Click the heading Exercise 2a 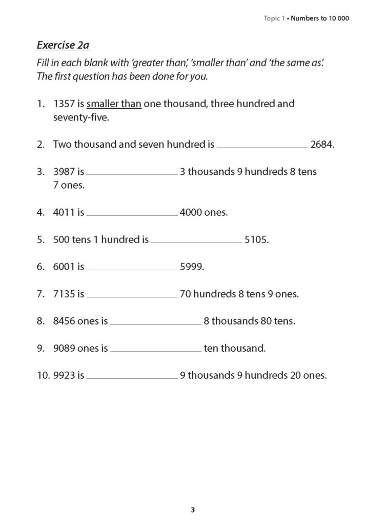pyautogui.click(x=63, y=45)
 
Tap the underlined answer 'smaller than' pyautogui.click(x=114, y=104)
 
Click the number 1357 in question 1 pyautogui.click(x=64, y=104)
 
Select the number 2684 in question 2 pyautogui.click(x=322, y=145)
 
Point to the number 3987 pyautogui.click(x=64, y=172)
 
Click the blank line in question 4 pyautogui.click(x=132, y=214)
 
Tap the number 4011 pyautogui.click(x=64, y=212)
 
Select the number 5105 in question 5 pyautogui.click(x=256, y=239)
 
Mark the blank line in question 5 pyautogui.click(x=196, y=241)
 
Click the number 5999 pyautogui.click(x=191, y=267)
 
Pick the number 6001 pyautogui.click(x=64, y=267)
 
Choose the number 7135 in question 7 pyautogui.click(x=64, y=294)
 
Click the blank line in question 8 pyautogui.click(x=155, y=324)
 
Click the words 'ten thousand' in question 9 pyautogui.click(x=234, y=349)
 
